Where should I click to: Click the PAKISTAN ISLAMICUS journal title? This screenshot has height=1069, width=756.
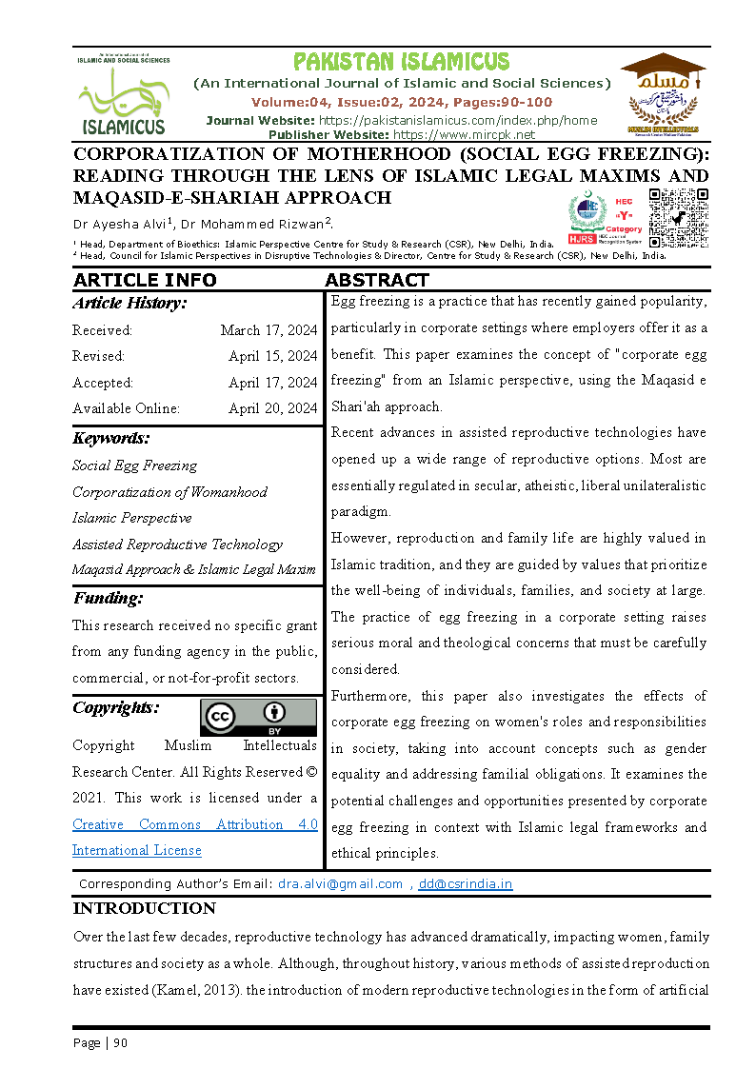[401, 63]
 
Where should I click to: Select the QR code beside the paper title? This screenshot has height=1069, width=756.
[679, 218]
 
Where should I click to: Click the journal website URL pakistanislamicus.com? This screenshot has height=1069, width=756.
[457, 120]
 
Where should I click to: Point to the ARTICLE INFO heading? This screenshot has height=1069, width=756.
[145, 280]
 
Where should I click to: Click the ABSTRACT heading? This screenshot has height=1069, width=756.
[377, 280]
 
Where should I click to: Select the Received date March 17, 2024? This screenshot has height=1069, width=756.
[269, 330]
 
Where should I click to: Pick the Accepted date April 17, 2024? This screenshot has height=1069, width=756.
[272, 383]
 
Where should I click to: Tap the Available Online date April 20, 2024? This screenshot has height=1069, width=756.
[272, 408]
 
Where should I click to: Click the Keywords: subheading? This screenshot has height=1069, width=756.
[110, 439]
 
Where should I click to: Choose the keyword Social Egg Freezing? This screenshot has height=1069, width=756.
[134, 465]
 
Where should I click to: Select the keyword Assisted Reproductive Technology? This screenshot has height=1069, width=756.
[177, 544]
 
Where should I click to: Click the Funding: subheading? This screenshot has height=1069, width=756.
[108, 599]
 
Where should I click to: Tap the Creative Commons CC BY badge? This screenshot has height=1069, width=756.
[258, 717]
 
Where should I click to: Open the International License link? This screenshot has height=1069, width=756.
[137, 850]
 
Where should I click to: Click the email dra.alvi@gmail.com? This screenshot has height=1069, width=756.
[340, 883]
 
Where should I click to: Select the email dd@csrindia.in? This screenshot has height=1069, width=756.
[465, 883]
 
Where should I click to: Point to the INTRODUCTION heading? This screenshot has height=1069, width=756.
[145, 908]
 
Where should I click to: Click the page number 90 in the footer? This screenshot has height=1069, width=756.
[120, 1042]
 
